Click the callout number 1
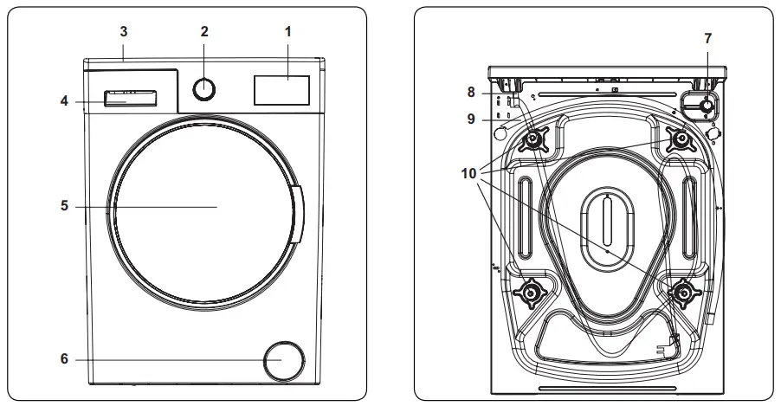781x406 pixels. point(288,31)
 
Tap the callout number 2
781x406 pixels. point(204,31)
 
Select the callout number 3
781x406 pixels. point(124,31)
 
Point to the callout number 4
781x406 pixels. point(64,100)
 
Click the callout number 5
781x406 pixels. point(64,207)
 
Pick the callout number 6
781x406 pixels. point(64,358)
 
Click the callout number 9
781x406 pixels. point(471,120)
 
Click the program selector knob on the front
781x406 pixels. point(204,89)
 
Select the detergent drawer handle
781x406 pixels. point(131,96)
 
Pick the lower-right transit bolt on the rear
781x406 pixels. point(682,294)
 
